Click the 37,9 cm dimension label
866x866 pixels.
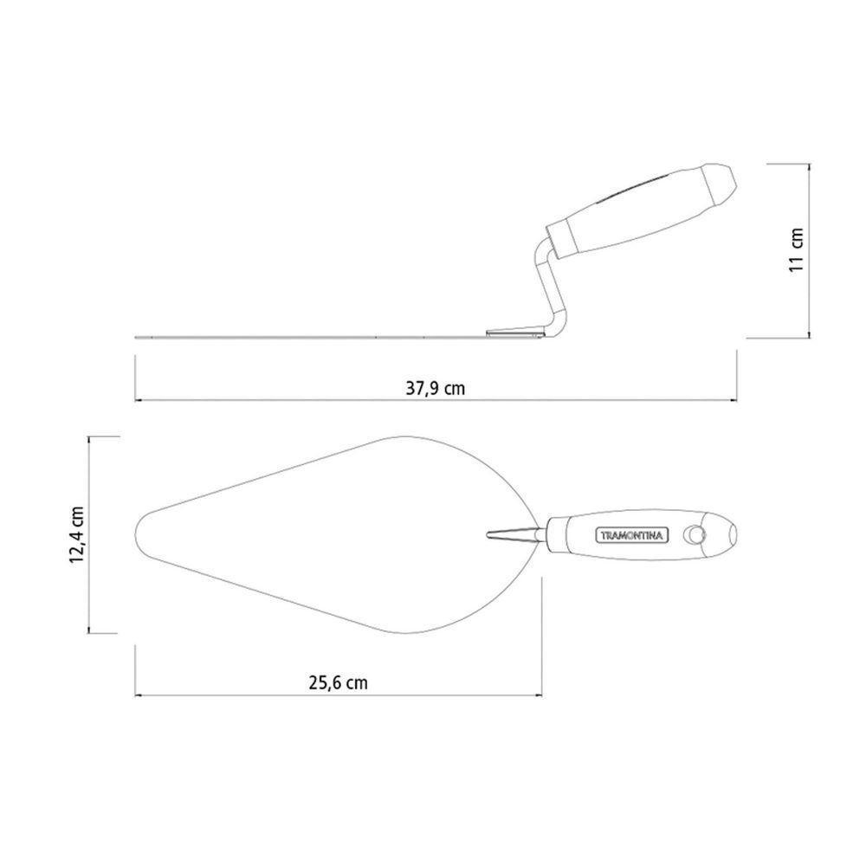(x=436, y=388)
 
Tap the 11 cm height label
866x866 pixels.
(x=796, y=249)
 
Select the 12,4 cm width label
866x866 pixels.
(x=76, y=534)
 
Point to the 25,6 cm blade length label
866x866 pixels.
(x=338, y=682)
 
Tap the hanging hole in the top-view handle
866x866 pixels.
(x=695, y=534)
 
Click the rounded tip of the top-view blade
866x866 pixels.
(x=137, y=534)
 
